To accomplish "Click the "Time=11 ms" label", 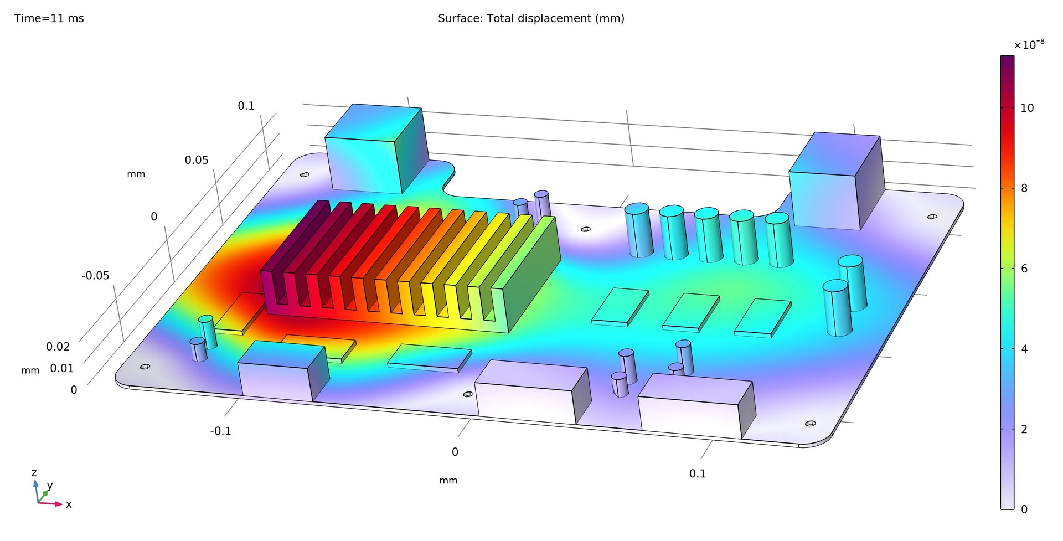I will pos(49,18).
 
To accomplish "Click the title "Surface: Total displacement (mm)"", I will pos(531,18).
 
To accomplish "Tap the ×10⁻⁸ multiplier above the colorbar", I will pos(1029,45).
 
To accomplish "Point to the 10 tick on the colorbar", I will pos(1026,108).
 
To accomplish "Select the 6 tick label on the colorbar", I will pos(1024,269).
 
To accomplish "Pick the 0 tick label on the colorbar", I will pos(1024,509).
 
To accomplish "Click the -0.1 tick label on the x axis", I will pos(220,431).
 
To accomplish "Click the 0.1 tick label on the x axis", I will pos(698,473).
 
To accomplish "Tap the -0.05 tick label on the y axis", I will pos(95,275).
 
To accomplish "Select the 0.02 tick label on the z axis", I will pos(58,347).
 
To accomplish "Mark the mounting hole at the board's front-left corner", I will pos(145,367).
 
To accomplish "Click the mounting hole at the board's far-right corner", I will pos(932,217).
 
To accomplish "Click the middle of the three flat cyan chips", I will pos(691,311).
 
